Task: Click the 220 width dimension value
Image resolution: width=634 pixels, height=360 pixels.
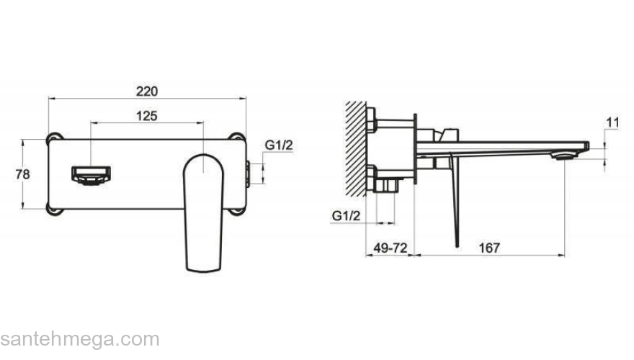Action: pyautogui.click(x=146, y=91)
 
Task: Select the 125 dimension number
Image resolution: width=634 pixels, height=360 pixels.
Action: pyautogui.click(x=146, y=116)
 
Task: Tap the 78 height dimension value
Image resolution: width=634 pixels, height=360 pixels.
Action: pyautogui.click(x=22, y=174)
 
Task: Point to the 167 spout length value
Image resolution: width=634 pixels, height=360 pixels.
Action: pyautogui.click(x=489, y=247)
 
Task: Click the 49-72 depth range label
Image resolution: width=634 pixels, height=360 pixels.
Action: pyautogui.click(x=390, y=247)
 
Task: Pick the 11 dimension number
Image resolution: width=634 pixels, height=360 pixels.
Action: pyautogui.click(x=612, y=122)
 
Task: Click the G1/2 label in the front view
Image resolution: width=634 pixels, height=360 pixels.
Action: pyautogui.click(x=279, y=145)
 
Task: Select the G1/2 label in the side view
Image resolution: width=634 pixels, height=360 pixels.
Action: pyautogui.click(x=346, y=215)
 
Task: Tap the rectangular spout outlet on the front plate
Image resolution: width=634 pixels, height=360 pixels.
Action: pyautogui.click(x=91, y=176)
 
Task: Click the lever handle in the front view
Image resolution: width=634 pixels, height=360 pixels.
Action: pyautogui.click(x=203, y=213)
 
